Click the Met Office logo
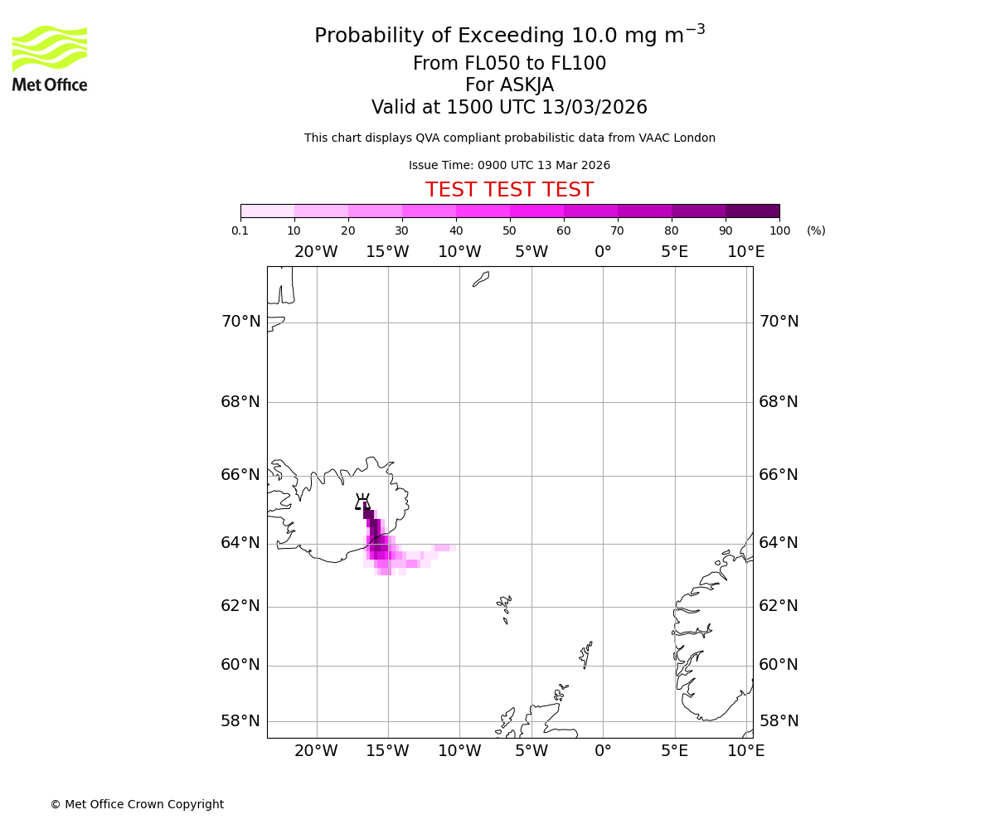click(50, 58)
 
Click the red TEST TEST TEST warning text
click(509, 190)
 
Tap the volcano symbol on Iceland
click(362, 502)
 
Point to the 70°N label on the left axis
click(240, 322)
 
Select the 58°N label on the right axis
click(779, 721)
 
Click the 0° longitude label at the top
click(603, 252)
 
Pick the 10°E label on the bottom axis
click(745, 751)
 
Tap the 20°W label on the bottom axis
click(316, 751)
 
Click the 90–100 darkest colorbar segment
click(752, 211)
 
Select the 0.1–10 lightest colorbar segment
click(267, 211)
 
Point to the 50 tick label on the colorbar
click(509, 230)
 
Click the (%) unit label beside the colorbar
click(816, 230)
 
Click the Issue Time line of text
click(509, 166)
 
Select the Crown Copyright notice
click(137, 804)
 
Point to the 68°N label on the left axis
click(240, 402)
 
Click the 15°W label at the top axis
click(387, 252)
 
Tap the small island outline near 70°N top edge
click(481, 279)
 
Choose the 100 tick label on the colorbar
click(779, 230)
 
